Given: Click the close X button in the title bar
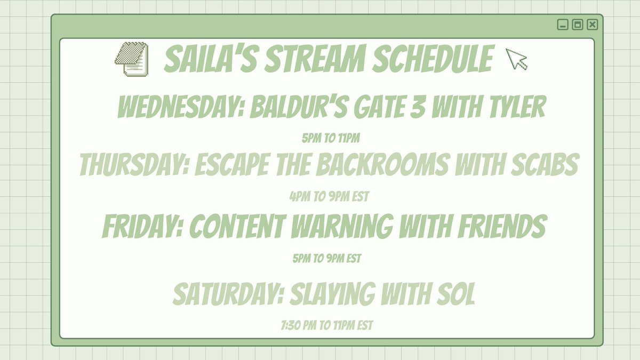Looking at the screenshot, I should [x=593, y=25].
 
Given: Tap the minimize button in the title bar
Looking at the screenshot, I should [x=562, y=25].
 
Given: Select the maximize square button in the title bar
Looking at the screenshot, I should [x=577, y=25].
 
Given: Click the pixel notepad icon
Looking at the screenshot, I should [x=131, y=59].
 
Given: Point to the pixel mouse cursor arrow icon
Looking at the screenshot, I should [x=516, y=59].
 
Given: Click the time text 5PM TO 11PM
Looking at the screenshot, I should [x=331, y=139].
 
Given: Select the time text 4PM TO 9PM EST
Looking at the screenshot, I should [x=329, y=197].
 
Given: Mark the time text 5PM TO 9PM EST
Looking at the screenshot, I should [x=327, y=259].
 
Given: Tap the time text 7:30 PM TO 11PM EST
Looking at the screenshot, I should [x=325, y=325].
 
